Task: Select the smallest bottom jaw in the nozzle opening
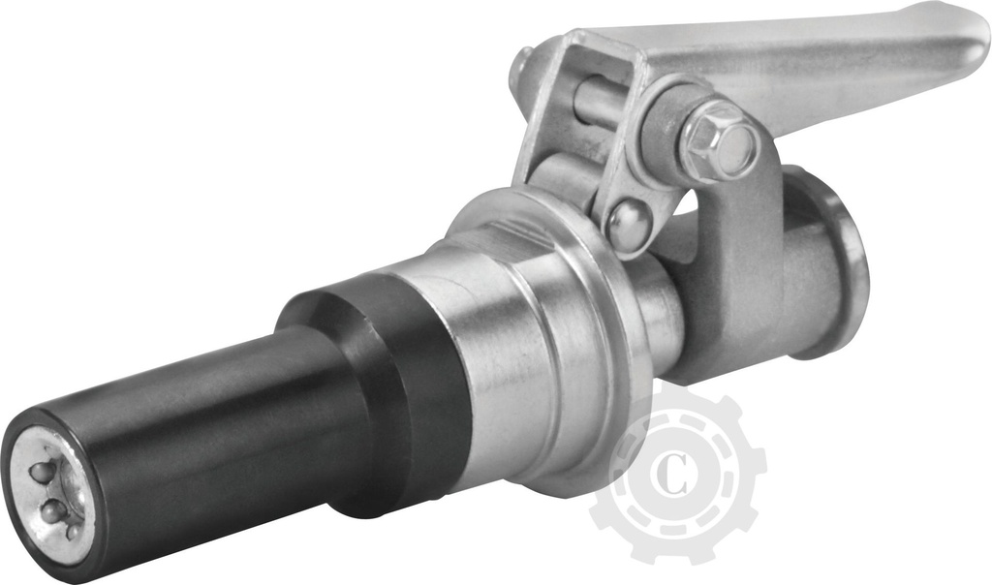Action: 72,532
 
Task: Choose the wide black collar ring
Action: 387,387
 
